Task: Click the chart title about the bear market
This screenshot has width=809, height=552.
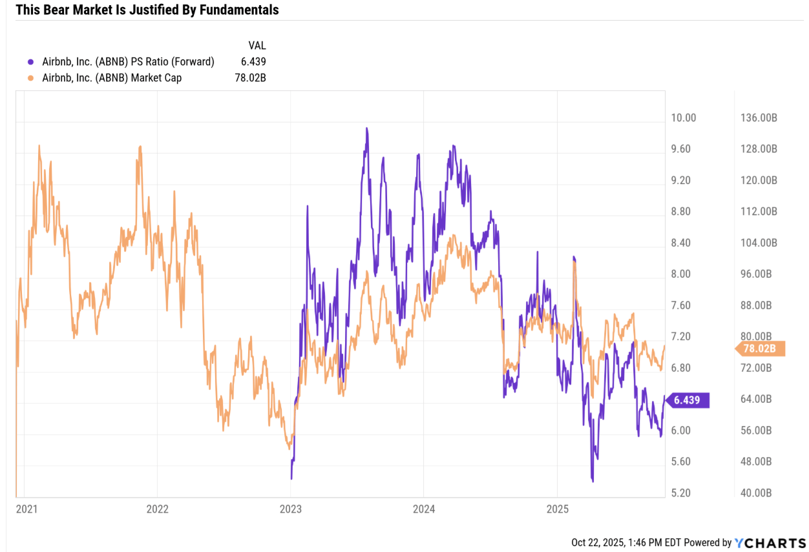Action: pos(147,10)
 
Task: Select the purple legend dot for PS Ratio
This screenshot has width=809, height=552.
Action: pos(30,62)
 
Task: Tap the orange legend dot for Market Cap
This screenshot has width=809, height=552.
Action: pos(30,78)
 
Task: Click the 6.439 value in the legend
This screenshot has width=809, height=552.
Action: pos(253,62)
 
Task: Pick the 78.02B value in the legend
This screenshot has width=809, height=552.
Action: pos(250,78)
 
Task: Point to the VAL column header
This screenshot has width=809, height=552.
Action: pos(257,45)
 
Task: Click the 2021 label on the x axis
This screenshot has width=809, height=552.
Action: pos(26,509)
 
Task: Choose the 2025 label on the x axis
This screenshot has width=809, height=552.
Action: pos(556,509)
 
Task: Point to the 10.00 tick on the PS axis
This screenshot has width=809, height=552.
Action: pos(684,118)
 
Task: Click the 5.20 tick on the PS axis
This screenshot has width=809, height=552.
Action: pos(684,493)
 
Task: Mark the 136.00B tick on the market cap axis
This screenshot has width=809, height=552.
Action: pos(759,118)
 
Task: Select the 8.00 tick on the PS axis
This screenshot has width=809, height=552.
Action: pos(684,274)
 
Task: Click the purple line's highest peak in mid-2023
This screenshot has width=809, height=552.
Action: pos(367,128)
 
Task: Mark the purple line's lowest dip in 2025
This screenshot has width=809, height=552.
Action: pos(592,481)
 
